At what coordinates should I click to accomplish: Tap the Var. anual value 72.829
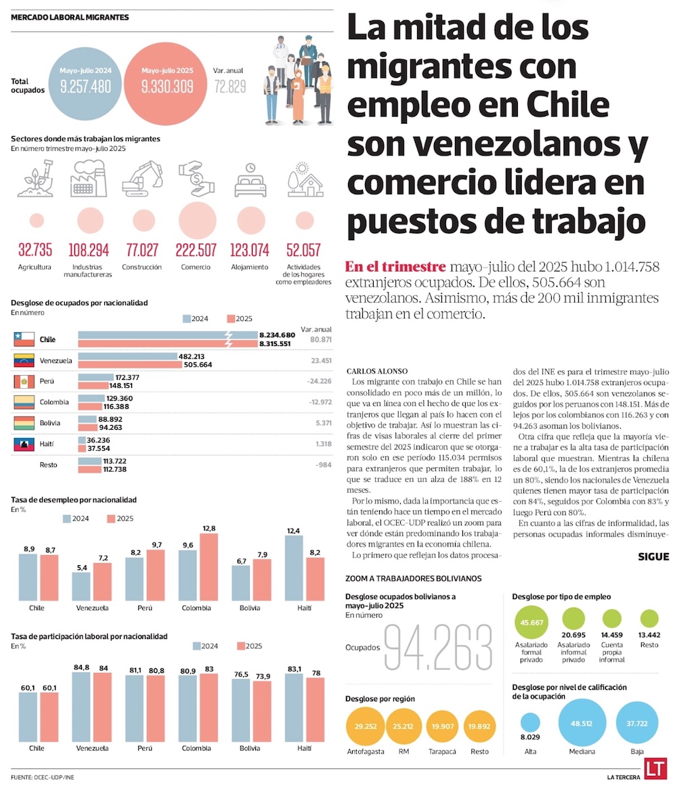230,87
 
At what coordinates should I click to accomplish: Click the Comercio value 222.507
196,250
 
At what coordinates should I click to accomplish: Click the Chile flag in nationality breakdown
24,339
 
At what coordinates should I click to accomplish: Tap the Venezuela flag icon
24,360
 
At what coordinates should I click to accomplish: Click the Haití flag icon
24,444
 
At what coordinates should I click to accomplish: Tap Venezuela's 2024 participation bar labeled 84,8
82,707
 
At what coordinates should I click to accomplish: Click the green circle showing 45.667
531,623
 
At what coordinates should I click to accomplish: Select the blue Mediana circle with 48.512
582,722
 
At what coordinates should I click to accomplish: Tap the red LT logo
653,771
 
